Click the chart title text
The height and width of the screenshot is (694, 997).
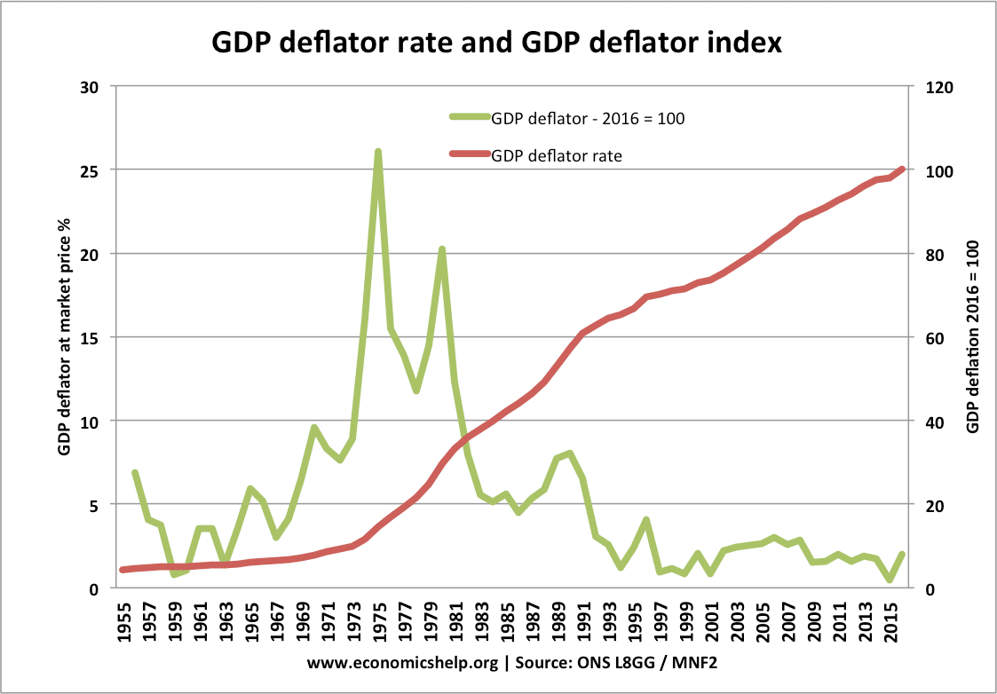496,42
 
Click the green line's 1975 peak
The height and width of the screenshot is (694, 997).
378,152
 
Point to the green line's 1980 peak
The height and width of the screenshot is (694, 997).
442,249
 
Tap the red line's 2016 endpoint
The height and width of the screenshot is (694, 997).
902,169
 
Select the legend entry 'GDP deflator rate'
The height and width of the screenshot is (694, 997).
557,154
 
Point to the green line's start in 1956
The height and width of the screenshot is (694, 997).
135,473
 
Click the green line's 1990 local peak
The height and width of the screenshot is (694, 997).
570,453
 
